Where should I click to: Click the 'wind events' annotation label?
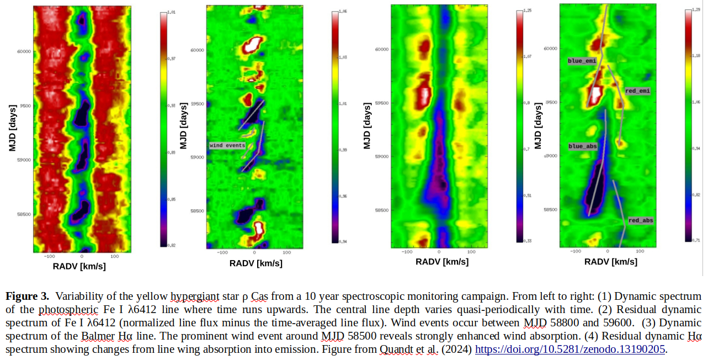pos(227,145)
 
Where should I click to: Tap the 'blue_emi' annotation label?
pos(582,61)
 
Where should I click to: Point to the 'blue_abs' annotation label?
pos(582,146)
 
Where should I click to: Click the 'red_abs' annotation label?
pos(641,220)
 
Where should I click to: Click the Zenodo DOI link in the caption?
pos(571,350)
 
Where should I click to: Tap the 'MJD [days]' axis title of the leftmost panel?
pos(12,126)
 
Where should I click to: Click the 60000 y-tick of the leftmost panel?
pos(24,52)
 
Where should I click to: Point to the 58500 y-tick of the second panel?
pos(197,211)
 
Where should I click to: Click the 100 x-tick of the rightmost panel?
pos(640,252)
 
